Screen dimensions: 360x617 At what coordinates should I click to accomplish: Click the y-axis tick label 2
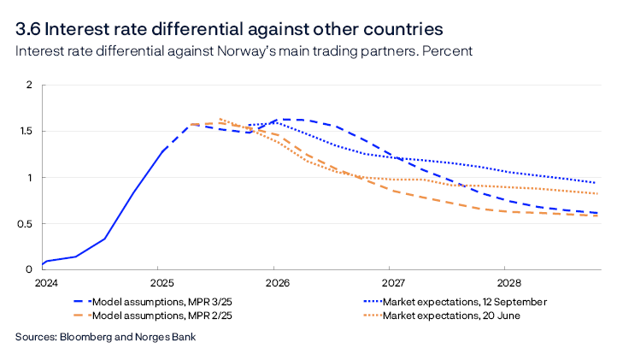coord(28,86)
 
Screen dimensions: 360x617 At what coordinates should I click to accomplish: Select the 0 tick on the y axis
coord(28,270)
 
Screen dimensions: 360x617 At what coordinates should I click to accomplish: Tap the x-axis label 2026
coord(276,281)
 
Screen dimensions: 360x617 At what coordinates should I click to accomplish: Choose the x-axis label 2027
coord(392,281)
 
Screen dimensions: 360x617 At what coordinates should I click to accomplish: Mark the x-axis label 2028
coord(508,281)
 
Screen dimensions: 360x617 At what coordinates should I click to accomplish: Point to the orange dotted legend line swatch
coord(371,316)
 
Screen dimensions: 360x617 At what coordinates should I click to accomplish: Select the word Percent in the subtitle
coord(450,51)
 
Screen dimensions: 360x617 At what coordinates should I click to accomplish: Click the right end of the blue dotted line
coord(596,182)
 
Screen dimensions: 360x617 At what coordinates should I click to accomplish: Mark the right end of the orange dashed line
coord(596,215)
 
